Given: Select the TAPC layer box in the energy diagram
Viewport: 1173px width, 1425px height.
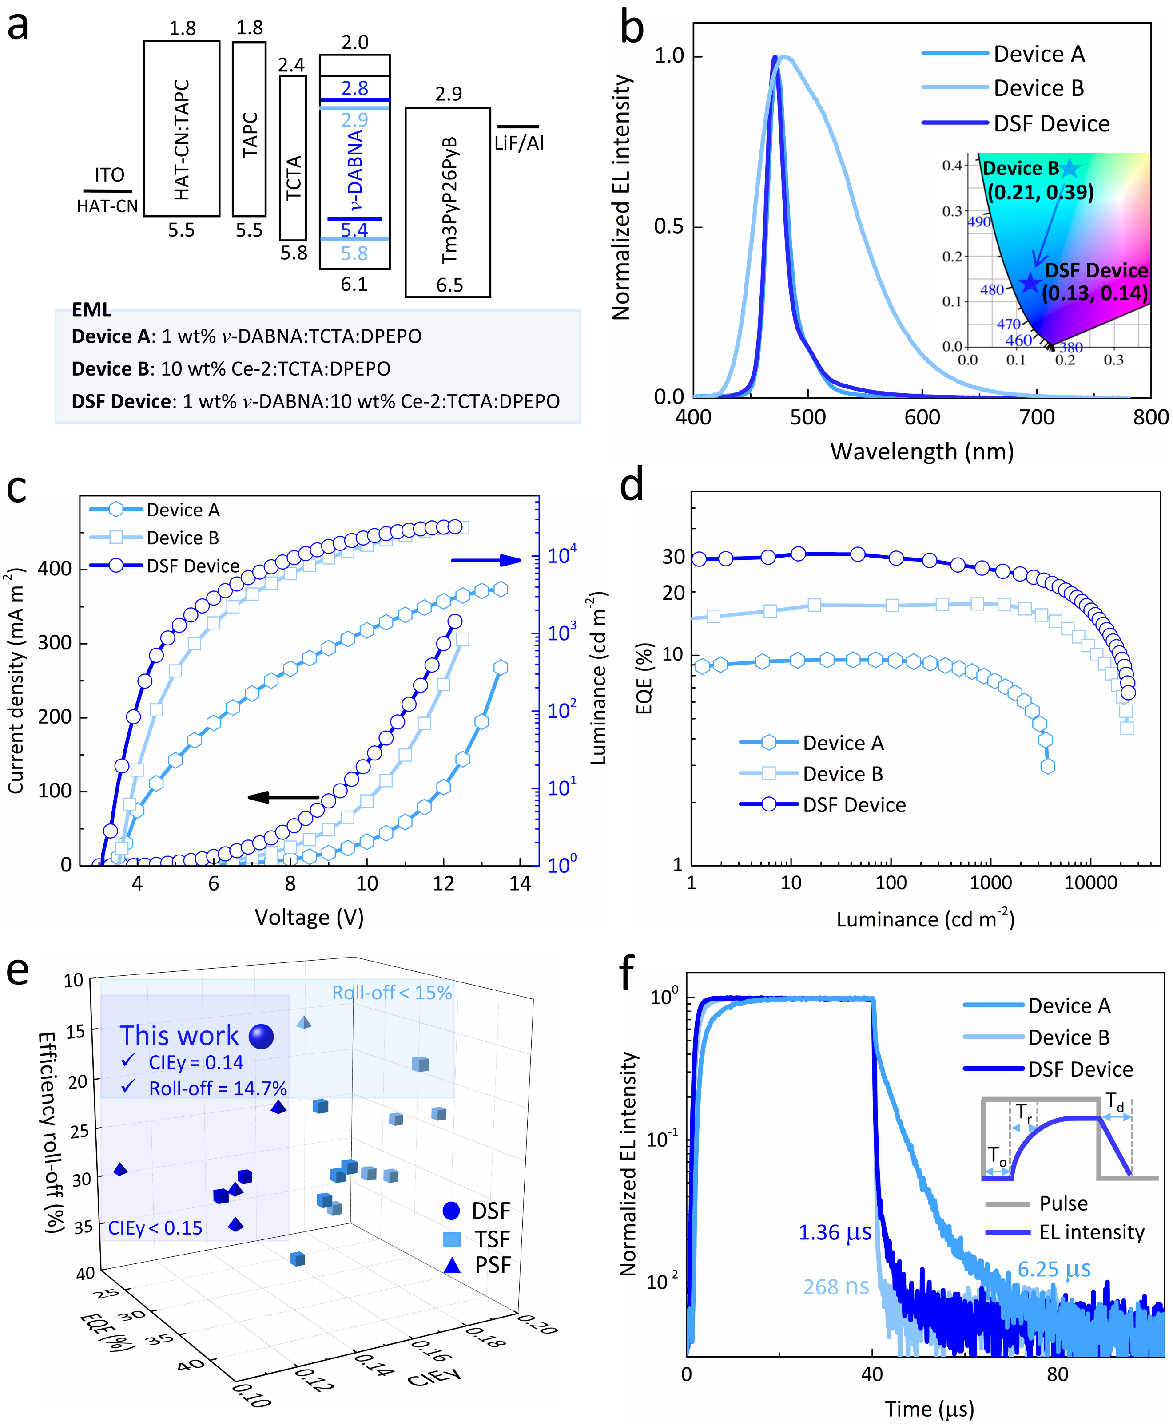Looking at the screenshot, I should [249, 128].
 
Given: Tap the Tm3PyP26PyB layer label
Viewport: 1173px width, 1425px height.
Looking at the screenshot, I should [449, 201].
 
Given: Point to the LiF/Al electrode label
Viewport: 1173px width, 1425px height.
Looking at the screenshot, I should [518, 142].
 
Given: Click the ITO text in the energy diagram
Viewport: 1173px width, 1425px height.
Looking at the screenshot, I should [109, 175].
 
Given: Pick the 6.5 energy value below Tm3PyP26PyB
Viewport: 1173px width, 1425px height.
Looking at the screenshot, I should [449, 285].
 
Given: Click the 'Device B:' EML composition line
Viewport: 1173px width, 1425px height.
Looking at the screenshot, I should [231, 369].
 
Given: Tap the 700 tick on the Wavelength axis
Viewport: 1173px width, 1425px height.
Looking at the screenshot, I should [1037, 417].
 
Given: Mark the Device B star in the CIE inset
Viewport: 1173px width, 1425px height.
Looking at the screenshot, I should [1070, 168].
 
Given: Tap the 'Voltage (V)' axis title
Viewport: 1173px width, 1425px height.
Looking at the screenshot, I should [309, 917].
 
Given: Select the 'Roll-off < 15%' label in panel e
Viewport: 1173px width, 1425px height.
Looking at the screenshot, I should [392, 992].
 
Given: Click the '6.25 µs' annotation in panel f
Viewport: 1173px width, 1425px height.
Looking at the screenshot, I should [1054, 1269].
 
